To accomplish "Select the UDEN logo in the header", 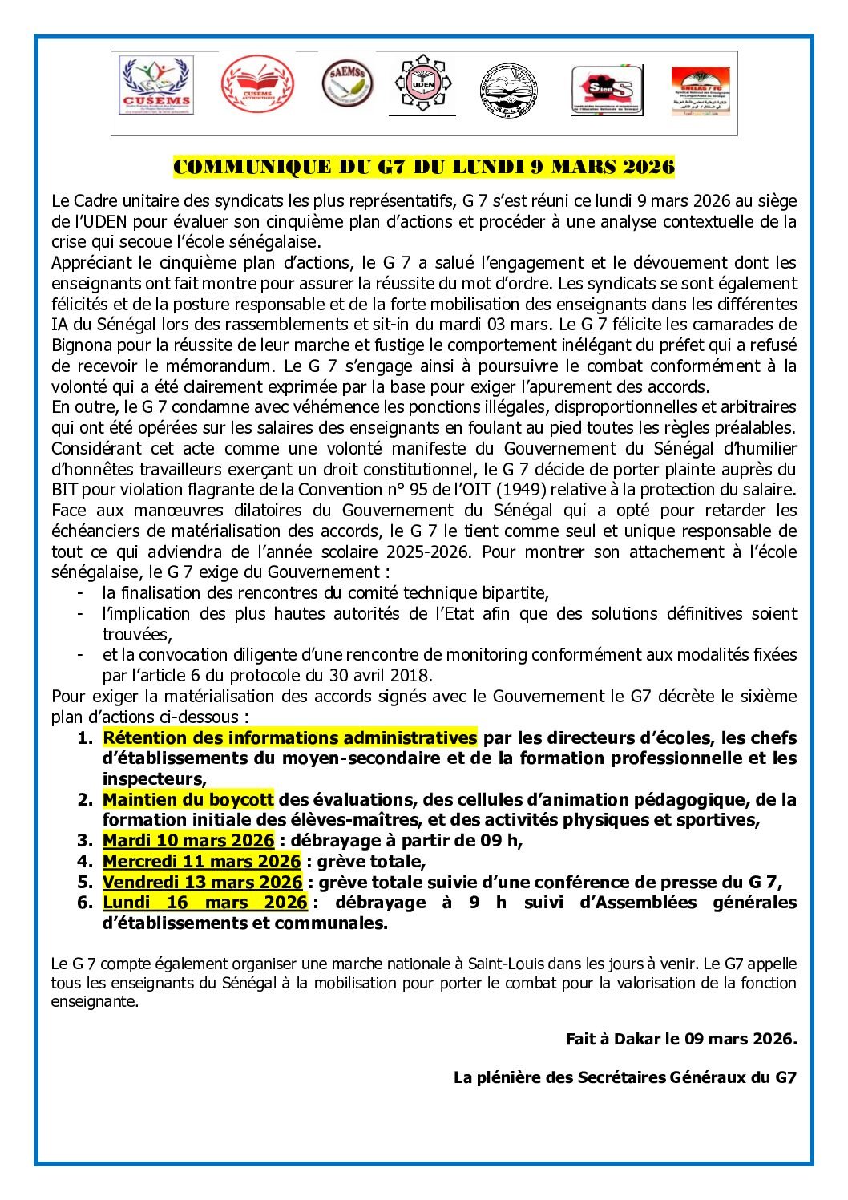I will [x=422, y=84].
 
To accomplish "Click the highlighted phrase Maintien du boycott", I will [x=188, y=799].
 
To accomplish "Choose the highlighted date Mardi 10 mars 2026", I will [x=188, y=841].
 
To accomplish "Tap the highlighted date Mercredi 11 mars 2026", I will [x=201, y=862].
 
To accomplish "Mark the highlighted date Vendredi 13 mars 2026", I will [x=202, y=882].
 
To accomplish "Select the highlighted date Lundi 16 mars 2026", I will [x=204, y=903].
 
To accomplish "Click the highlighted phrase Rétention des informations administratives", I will [x=289, y=737].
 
